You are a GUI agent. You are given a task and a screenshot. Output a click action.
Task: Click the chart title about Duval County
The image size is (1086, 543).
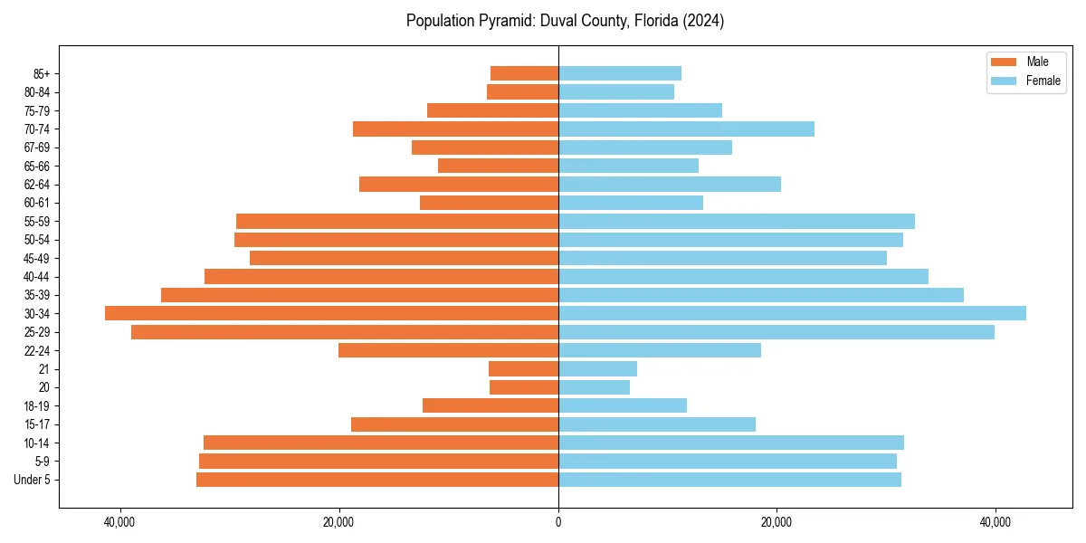[x=565, y=21]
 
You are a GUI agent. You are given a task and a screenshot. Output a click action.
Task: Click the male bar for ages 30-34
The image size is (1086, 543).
[x=331, y=313]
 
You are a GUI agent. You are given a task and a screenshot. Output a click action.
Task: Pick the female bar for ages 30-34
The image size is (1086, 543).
[x=792, y=313]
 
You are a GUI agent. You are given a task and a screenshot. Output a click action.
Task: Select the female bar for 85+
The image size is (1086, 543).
[x=620, y=73]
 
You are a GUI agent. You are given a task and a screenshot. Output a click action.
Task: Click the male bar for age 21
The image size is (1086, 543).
[x=523, y=368]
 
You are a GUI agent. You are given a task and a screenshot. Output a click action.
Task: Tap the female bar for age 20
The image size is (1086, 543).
[x=594, y=387]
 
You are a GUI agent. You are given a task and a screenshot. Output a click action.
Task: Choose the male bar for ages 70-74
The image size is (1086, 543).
[x=455, y=129]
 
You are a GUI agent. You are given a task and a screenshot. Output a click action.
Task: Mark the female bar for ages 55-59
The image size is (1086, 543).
[x=737, y=221]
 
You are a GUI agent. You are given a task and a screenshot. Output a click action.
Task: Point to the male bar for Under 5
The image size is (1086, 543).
[x=377, y=480]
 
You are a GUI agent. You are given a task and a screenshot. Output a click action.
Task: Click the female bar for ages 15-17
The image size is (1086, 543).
[x=657, y=424]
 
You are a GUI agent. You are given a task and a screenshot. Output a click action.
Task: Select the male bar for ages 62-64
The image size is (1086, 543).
[x=459, y=184]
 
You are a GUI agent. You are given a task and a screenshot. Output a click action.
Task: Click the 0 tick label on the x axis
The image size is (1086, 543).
[x=558, y=522]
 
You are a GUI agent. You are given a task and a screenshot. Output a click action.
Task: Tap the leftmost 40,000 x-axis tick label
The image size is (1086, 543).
[x=119, y=522]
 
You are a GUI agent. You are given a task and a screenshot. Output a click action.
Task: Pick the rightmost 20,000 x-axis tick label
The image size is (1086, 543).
[x=776, y=522]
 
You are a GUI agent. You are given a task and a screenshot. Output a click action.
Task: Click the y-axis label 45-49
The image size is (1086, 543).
[x=37, y=258]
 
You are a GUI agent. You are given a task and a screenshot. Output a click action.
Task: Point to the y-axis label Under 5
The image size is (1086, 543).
[x=33, y=480]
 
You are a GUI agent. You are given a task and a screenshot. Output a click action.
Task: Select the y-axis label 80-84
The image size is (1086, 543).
[x=37, y=91]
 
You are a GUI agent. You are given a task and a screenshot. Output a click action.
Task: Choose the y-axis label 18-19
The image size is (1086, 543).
[x=37, y=405]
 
